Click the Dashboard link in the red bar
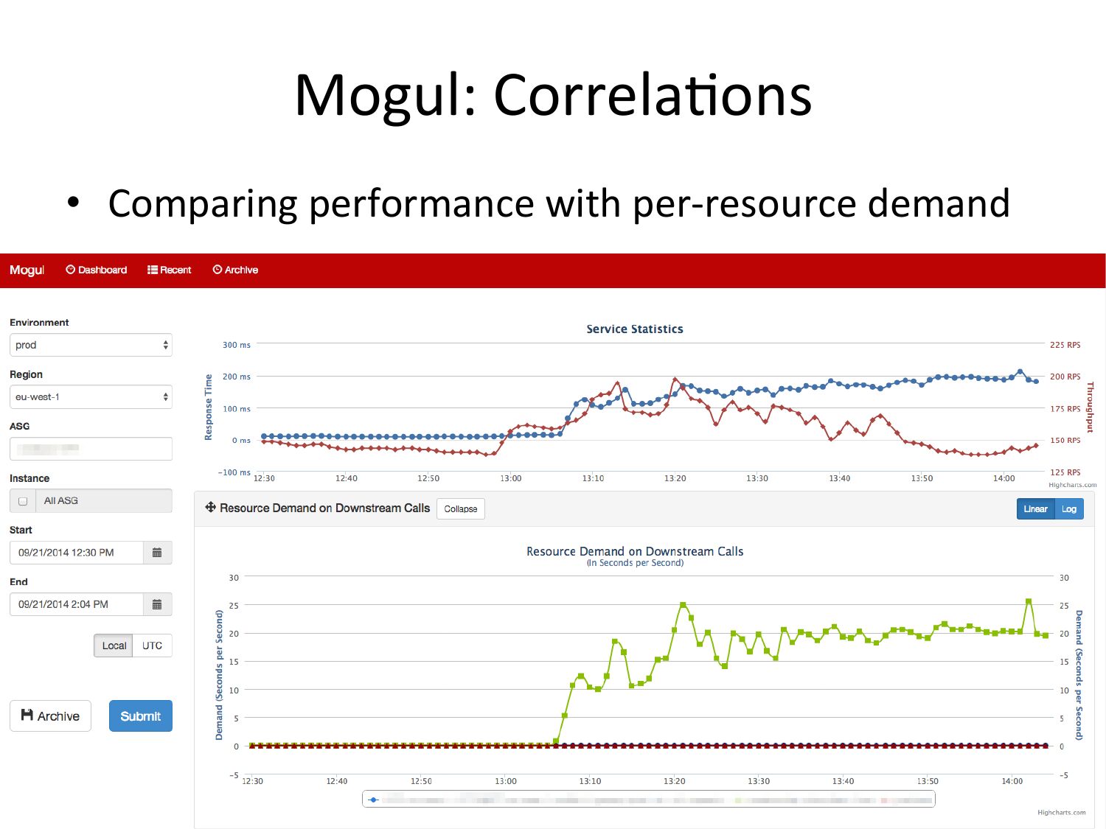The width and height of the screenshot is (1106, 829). (97, 270)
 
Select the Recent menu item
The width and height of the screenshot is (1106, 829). (170, 270)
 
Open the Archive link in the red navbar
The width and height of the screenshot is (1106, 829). (236, 270)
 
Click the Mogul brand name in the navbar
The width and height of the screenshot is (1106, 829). (27, 270)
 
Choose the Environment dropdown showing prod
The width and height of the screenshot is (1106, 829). (91, 345)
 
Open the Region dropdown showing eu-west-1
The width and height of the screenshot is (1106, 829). (91, 397)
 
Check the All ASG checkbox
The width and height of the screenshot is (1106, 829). (23, 501)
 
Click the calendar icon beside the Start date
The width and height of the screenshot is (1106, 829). (157, 553)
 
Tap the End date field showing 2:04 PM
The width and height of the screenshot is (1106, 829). (76, 604)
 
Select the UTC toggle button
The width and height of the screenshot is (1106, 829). (152, 646)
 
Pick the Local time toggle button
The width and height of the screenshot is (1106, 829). (114, 646)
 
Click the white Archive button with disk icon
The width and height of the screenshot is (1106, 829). (50, 716)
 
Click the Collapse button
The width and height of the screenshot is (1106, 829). (461, 509)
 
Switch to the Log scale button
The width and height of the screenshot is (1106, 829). (1069, 509)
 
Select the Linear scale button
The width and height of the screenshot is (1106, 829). (1035, 509)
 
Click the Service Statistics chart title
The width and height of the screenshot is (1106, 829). (635, 329)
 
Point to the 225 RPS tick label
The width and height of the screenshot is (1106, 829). (1065, 345)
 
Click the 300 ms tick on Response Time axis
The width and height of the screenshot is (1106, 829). (237, 345)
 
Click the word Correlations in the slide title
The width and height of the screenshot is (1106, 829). (653, 96)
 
